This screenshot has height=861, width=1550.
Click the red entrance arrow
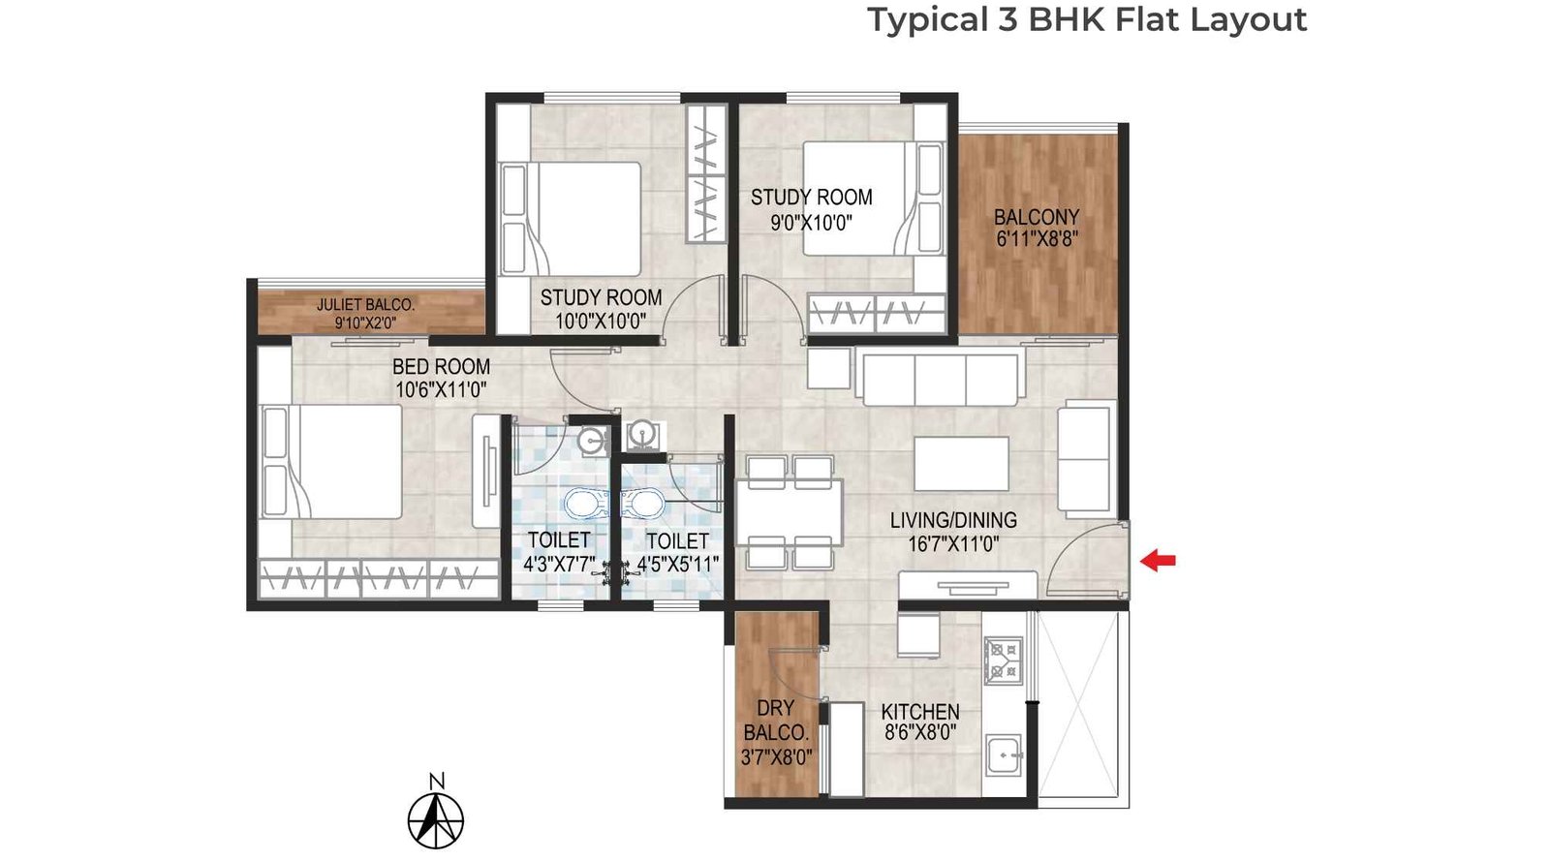[x=1158, y=560]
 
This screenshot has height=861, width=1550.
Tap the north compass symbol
[x=436, y=817]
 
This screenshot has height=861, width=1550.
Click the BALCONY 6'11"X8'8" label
[x=1036, y=228]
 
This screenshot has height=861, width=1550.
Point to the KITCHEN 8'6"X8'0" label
[x=920, y=723]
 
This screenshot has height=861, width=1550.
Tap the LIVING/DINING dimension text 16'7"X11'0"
[x=953, y=544]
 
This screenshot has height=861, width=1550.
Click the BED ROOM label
[x=441, y=367]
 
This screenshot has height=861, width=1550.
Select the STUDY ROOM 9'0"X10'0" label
[x=811, y=209]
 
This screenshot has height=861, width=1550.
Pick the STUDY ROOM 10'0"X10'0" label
[x=601, y=309]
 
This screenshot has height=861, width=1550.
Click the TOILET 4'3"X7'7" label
[x=559, y=552]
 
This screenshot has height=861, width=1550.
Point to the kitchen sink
[x=1004, y=753]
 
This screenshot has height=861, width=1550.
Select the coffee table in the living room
[x=961, y=464]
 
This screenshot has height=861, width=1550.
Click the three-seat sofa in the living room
[x=940, y=378]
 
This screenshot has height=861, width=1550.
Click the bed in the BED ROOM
[x=334, y=462]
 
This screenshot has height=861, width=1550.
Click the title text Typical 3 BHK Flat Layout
[x=1086, y=19]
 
